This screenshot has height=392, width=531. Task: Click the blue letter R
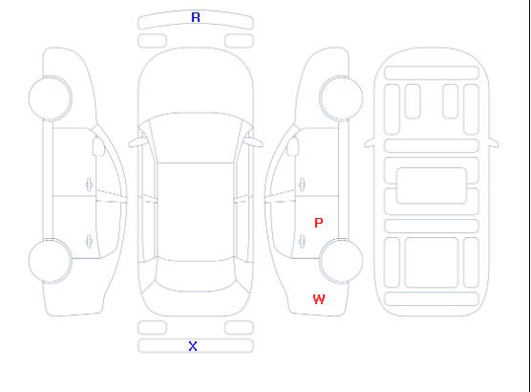tap(196, 17)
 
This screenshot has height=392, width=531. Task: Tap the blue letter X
tap(193, 346)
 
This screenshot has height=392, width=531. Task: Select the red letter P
tap(319, 223)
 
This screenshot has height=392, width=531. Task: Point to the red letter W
tap(319, 299)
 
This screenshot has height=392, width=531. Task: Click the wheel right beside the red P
tap(341, 260)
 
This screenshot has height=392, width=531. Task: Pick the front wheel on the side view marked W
tap(341, 98)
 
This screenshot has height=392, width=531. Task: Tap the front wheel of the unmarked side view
tap(50, 98)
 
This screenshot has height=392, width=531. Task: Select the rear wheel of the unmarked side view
tap(50, 261)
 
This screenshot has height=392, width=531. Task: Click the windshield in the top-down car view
tap(196, 138)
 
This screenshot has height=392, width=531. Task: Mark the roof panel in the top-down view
tap(196, 212)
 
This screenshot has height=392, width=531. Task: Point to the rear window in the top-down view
tap(196, 275)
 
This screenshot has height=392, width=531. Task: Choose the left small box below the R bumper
tap(153, 41)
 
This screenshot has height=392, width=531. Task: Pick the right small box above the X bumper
tap(239, 328)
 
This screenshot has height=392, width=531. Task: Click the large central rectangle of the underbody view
tap(432, 185)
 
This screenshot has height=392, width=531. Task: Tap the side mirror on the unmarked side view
tap(98, 146)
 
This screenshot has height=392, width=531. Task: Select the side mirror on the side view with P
tap(293, 146)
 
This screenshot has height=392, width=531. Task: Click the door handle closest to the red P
tap(303, 242)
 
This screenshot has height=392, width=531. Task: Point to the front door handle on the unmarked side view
tap(90, 185)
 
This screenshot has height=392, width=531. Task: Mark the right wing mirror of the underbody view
tap(494, 142)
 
